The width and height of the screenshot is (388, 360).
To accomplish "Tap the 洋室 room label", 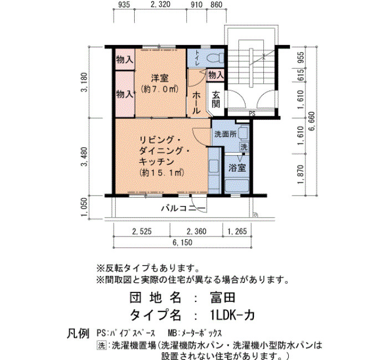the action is tap(160, 78).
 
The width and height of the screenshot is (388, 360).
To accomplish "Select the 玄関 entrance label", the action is tap(216, 99).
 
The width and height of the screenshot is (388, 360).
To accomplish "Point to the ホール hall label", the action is tap(196, 102).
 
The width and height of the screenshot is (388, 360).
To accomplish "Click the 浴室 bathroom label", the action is tap(237, 168).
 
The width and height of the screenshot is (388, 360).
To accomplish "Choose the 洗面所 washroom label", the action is tap(226, 134).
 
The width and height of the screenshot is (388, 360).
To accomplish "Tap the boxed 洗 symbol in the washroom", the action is tap(244, 147).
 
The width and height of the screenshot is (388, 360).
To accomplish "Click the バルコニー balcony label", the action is tap(183, 208).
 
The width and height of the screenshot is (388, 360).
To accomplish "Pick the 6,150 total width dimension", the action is tap(182, 243).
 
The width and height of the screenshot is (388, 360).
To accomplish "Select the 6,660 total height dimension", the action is tap(312, 121).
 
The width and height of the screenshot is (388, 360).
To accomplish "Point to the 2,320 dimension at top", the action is tap(160, 4).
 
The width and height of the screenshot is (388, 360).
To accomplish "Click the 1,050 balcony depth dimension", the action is tap(84, 207).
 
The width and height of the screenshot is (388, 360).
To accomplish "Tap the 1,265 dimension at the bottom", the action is tap(237, 232).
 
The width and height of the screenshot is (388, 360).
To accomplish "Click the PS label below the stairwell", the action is tap(252, 114).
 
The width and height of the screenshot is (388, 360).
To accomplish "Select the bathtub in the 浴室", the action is tap(237, 186).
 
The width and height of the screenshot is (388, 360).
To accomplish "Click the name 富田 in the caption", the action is tap(222, 297).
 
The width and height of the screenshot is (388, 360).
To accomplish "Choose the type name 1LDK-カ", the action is tap(231, 315).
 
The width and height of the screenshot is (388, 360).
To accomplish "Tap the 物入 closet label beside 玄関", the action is tap(216, 75).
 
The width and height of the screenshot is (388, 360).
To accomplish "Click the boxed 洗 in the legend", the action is tap(101, 346).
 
